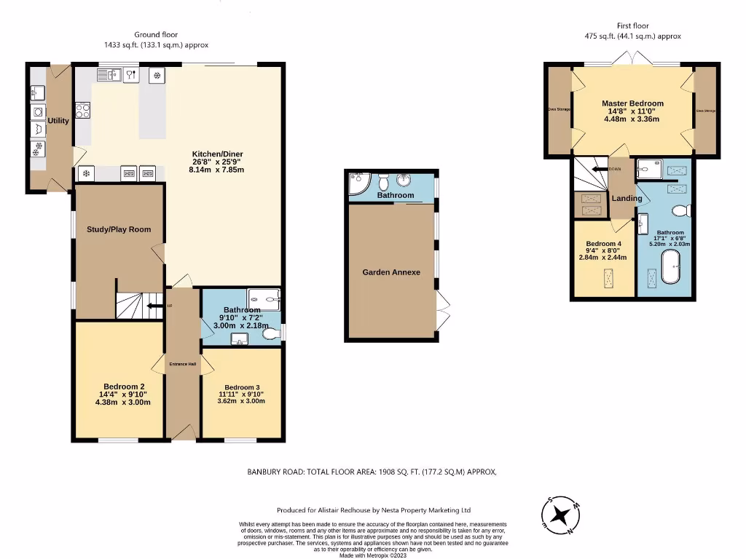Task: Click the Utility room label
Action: coord(58,121)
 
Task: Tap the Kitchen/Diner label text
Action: coord(216,154)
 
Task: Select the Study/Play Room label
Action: coord(119,229)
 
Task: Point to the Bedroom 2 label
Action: coord(123,386)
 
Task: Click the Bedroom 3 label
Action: coord(241,387)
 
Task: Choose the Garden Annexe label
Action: coord(391,272)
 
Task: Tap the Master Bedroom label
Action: coord(632,103)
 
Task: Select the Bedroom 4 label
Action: coord(604,244)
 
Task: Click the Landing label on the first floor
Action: coord(627,198)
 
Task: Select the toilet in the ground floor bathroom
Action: coord(270,333)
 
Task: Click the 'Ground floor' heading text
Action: coord(156,34)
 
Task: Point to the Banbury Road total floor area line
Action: coord(372,472)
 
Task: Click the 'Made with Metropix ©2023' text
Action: coord(372,555)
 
